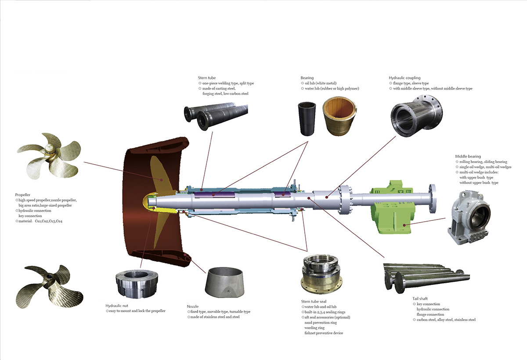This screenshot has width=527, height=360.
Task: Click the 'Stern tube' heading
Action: point(207,78)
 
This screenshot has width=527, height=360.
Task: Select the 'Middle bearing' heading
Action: point(468,156)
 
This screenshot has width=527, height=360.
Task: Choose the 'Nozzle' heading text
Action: point(193,306)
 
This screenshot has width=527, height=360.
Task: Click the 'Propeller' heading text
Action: point(22,194)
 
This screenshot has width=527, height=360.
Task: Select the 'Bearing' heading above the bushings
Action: point(307,78)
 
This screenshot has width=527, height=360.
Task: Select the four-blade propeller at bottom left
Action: point(49,284)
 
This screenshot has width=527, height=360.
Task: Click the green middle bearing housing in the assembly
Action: point(392,209)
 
